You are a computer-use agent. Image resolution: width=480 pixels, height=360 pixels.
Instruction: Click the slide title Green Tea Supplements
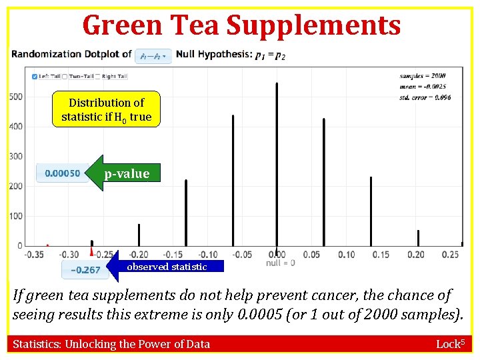click(241, 25)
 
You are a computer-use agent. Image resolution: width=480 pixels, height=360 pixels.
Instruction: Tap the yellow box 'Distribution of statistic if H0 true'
click(107, 110)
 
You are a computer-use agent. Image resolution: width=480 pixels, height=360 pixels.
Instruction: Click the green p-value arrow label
click(126, 173)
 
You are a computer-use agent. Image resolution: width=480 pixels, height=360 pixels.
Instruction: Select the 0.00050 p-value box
click(62, 173)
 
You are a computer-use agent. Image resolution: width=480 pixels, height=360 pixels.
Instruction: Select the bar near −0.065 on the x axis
click(233, 180)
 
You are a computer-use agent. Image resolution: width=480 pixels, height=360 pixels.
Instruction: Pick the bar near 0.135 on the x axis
click(371, 211)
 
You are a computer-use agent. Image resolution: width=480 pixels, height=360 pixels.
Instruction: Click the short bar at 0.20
click(418, 238)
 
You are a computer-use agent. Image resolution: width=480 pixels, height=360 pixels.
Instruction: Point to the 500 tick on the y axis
click(16, 97)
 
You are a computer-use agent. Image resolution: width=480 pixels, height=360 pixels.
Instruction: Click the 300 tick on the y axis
click(16, 157)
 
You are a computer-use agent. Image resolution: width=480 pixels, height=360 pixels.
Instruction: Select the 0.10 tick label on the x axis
click(346, 255)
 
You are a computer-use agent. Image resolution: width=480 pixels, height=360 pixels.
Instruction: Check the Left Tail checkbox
click(35, 76)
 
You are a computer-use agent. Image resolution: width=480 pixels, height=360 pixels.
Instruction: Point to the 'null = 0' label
click(280, 263)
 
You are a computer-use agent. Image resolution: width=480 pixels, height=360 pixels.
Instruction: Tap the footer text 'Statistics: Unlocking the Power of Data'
click(111, 344)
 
